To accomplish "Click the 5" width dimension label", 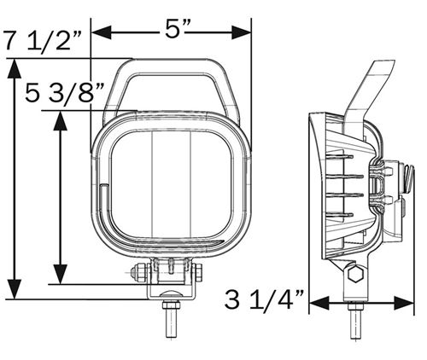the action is coord(176,29).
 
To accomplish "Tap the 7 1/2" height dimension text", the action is coord(42,42).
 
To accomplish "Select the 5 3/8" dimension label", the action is coord(65,93).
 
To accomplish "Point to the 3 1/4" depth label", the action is coord(264,300).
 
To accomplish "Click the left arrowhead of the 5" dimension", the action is coord(101,32).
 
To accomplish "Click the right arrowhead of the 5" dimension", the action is coord(242,32).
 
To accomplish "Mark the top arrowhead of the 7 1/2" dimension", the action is coord(15,68).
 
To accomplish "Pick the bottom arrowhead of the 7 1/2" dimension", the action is coord(15,289).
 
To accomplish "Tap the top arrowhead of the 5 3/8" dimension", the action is coord(61,120).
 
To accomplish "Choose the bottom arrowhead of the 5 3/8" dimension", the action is coord(61,274).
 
